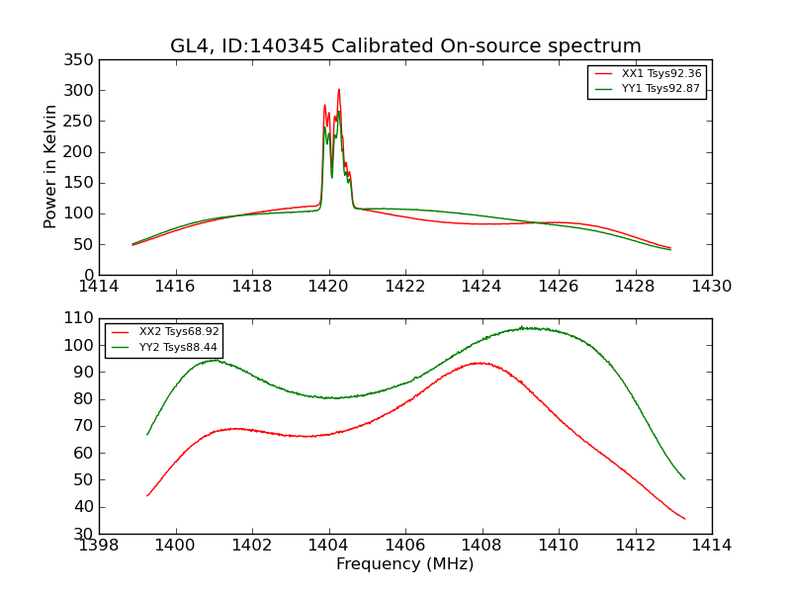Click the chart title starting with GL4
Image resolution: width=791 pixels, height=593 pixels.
coord(405,46)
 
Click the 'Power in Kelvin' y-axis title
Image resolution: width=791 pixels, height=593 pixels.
coord(50,166)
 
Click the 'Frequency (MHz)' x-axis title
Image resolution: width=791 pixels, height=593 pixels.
coord(405,564)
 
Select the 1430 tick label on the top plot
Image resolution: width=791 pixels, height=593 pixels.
coord(711,287)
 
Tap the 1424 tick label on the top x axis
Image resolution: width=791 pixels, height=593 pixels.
coord(482,287)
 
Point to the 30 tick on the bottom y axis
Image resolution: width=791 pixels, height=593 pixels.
coord(85,534)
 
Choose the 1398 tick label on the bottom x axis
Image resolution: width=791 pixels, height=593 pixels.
coord(99,546)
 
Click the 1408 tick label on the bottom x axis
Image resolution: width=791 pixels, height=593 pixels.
coord(482,546)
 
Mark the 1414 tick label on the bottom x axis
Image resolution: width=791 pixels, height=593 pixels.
coord(711,546)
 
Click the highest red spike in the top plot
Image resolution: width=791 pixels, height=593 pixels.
coord(338,90)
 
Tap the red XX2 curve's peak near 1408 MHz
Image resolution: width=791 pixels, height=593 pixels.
coord(480,363)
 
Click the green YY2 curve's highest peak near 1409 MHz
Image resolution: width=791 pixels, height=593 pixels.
coord(522,327)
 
